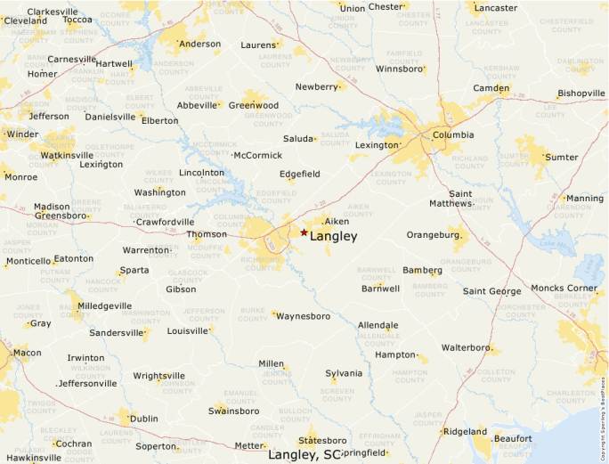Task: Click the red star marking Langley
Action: (x=304, y=232)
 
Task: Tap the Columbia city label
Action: (x=453, y=135)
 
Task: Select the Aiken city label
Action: (x=337, y=221)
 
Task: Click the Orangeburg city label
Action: (x=433, y=235)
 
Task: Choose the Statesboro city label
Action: (x=322, y=441)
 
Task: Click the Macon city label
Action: (x=27, y=353)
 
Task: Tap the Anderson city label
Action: (x=199, y=44)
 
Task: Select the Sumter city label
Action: (x=561, y=157)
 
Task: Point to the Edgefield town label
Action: (x=299, y=174)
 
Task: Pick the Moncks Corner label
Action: (x=564, y=289)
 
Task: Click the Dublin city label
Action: (x=143, y=419)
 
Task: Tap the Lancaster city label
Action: (x=496, y=8)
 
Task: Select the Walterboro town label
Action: (x=467, y=347)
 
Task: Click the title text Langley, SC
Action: (x=304, y=455)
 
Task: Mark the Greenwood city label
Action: (x=254, y=105)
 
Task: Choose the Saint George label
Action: (x=491, y=291)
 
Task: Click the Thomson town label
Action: (x=206, y=235)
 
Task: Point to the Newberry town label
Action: (x=317, y=86)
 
